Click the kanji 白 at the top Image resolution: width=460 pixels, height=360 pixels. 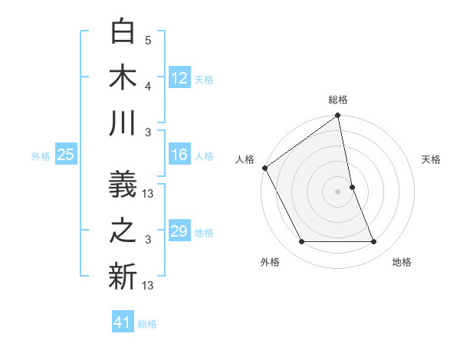123,33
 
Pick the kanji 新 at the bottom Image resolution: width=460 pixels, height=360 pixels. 123,277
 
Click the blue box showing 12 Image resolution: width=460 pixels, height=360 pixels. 179,77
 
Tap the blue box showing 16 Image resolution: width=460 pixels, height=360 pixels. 179,155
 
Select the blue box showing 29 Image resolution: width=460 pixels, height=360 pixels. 179,231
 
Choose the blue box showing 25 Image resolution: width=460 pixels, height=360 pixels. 66,155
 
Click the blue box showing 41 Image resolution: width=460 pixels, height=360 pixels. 123,322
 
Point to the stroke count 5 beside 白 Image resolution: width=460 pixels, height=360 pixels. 149,40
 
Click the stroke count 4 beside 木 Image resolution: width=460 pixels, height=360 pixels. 149,86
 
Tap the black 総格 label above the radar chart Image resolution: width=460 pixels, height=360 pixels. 338,100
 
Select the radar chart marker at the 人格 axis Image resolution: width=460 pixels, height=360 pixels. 264,168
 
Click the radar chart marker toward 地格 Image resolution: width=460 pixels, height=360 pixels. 374,242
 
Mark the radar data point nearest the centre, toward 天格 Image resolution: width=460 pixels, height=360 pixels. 352,187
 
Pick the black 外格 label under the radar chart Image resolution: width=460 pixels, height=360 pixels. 270,263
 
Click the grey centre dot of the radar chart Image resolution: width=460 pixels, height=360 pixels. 338,191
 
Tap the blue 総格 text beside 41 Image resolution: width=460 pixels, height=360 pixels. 147,324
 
